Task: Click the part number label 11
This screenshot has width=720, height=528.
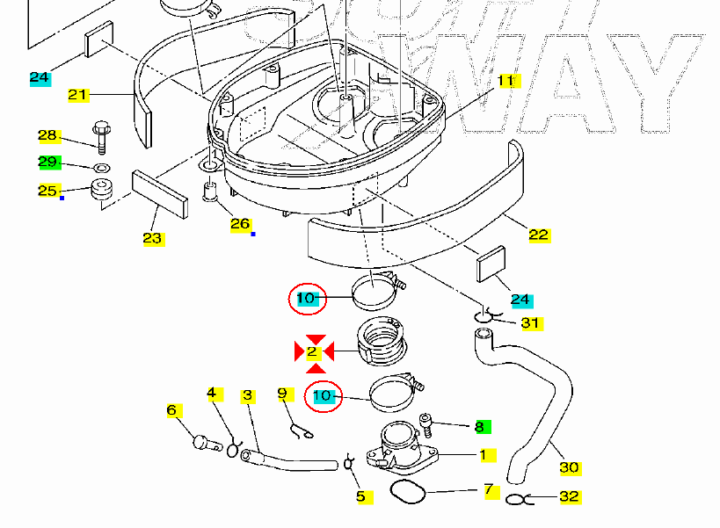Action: tap(505, 81)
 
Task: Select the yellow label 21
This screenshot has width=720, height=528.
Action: tap(78, 95)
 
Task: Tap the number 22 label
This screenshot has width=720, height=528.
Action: tap(539, 235)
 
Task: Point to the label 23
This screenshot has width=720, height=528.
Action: tap(152, 238)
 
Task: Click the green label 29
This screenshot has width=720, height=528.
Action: tap(49, 162)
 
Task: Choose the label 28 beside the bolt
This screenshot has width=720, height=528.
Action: tap(47, 135)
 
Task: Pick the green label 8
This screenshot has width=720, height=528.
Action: tap(479, 427)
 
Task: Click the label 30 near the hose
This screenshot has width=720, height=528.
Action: tap(569, 467)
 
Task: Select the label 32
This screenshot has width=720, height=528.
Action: tap(570, 496)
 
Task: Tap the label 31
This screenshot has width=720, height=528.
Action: tap(530, 323)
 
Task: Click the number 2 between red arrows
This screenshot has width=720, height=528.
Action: tap(312, 352)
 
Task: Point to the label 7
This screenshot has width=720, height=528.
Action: tap(488, 488)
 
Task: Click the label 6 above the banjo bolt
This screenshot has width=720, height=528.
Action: tap(172, 410)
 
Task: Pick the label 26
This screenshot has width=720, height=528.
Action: tap(240, 225)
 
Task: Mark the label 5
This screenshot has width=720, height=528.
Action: tap(360, 497)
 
